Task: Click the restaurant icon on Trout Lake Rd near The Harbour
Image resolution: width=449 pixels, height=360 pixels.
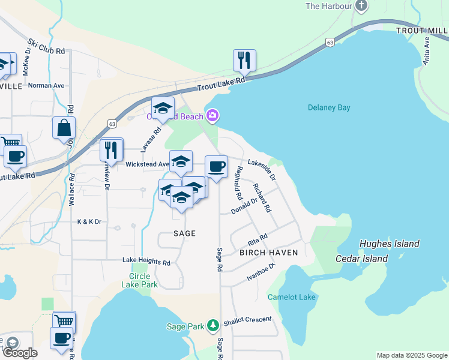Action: [244, 60]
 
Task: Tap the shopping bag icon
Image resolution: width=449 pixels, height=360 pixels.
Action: [64, 128]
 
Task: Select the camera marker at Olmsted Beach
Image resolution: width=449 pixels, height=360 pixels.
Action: [211, 115]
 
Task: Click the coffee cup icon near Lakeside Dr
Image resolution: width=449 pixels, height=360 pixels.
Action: [216, 166]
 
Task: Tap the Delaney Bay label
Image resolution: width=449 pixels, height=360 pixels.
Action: [329, 108]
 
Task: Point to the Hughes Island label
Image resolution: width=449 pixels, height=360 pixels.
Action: [389, 244]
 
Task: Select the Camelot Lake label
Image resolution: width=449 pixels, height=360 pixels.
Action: [291, 297]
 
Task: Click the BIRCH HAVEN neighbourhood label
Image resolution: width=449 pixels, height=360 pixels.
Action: [269, 253]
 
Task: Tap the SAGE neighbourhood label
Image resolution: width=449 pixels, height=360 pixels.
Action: [185, 233]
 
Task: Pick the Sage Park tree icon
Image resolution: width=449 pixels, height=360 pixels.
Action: [212, 325]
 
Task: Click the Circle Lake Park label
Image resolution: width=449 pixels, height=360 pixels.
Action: [143, 280]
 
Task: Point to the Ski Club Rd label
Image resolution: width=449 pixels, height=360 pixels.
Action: [46, 47]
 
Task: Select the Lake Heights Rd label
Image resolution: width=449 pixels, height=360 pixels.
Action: [146, 262]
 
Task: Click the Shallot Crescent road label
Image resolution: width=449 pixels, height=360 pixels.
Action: [248, 321]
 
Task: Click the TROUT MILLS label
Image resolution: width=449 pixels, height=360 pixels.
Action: [422, 31]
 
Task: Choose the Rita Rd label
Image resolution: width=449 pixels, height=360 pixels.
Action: [257, 241]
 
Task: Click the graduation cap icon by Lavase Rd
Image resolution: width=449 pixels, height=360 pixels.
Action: [162, 108]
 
